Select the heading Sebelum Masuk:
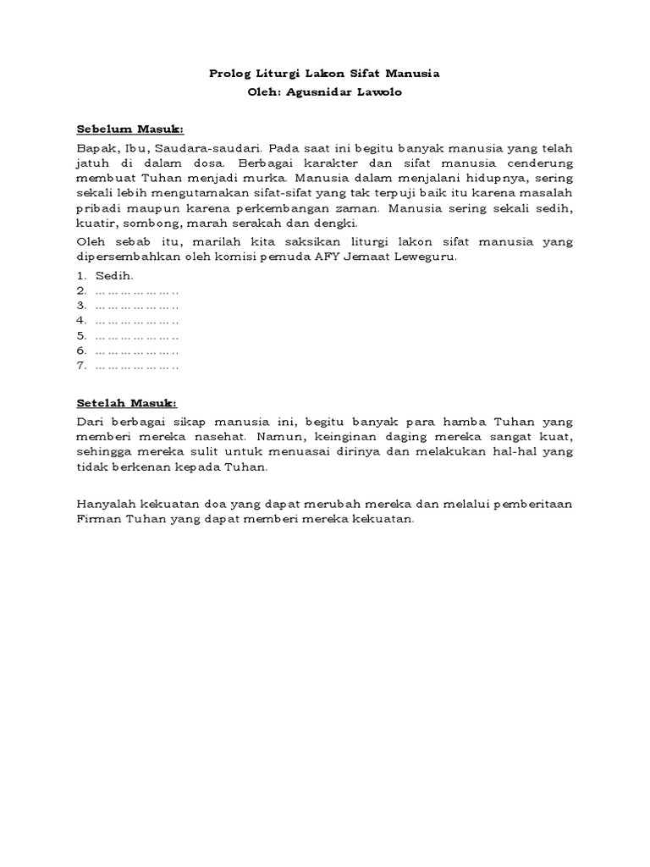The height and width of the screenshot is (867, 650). point(130,130)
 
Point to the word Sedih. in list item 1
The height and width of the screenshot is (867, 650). point(114,275)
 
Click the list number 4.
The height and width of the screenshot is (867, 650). point(81,321)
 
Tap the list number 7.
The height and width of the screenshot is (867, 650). point(81,367)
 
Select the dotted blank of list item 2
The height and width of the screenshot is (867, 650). point(136,290)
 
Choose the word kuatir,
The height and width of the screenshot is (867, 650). point(94,224)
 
